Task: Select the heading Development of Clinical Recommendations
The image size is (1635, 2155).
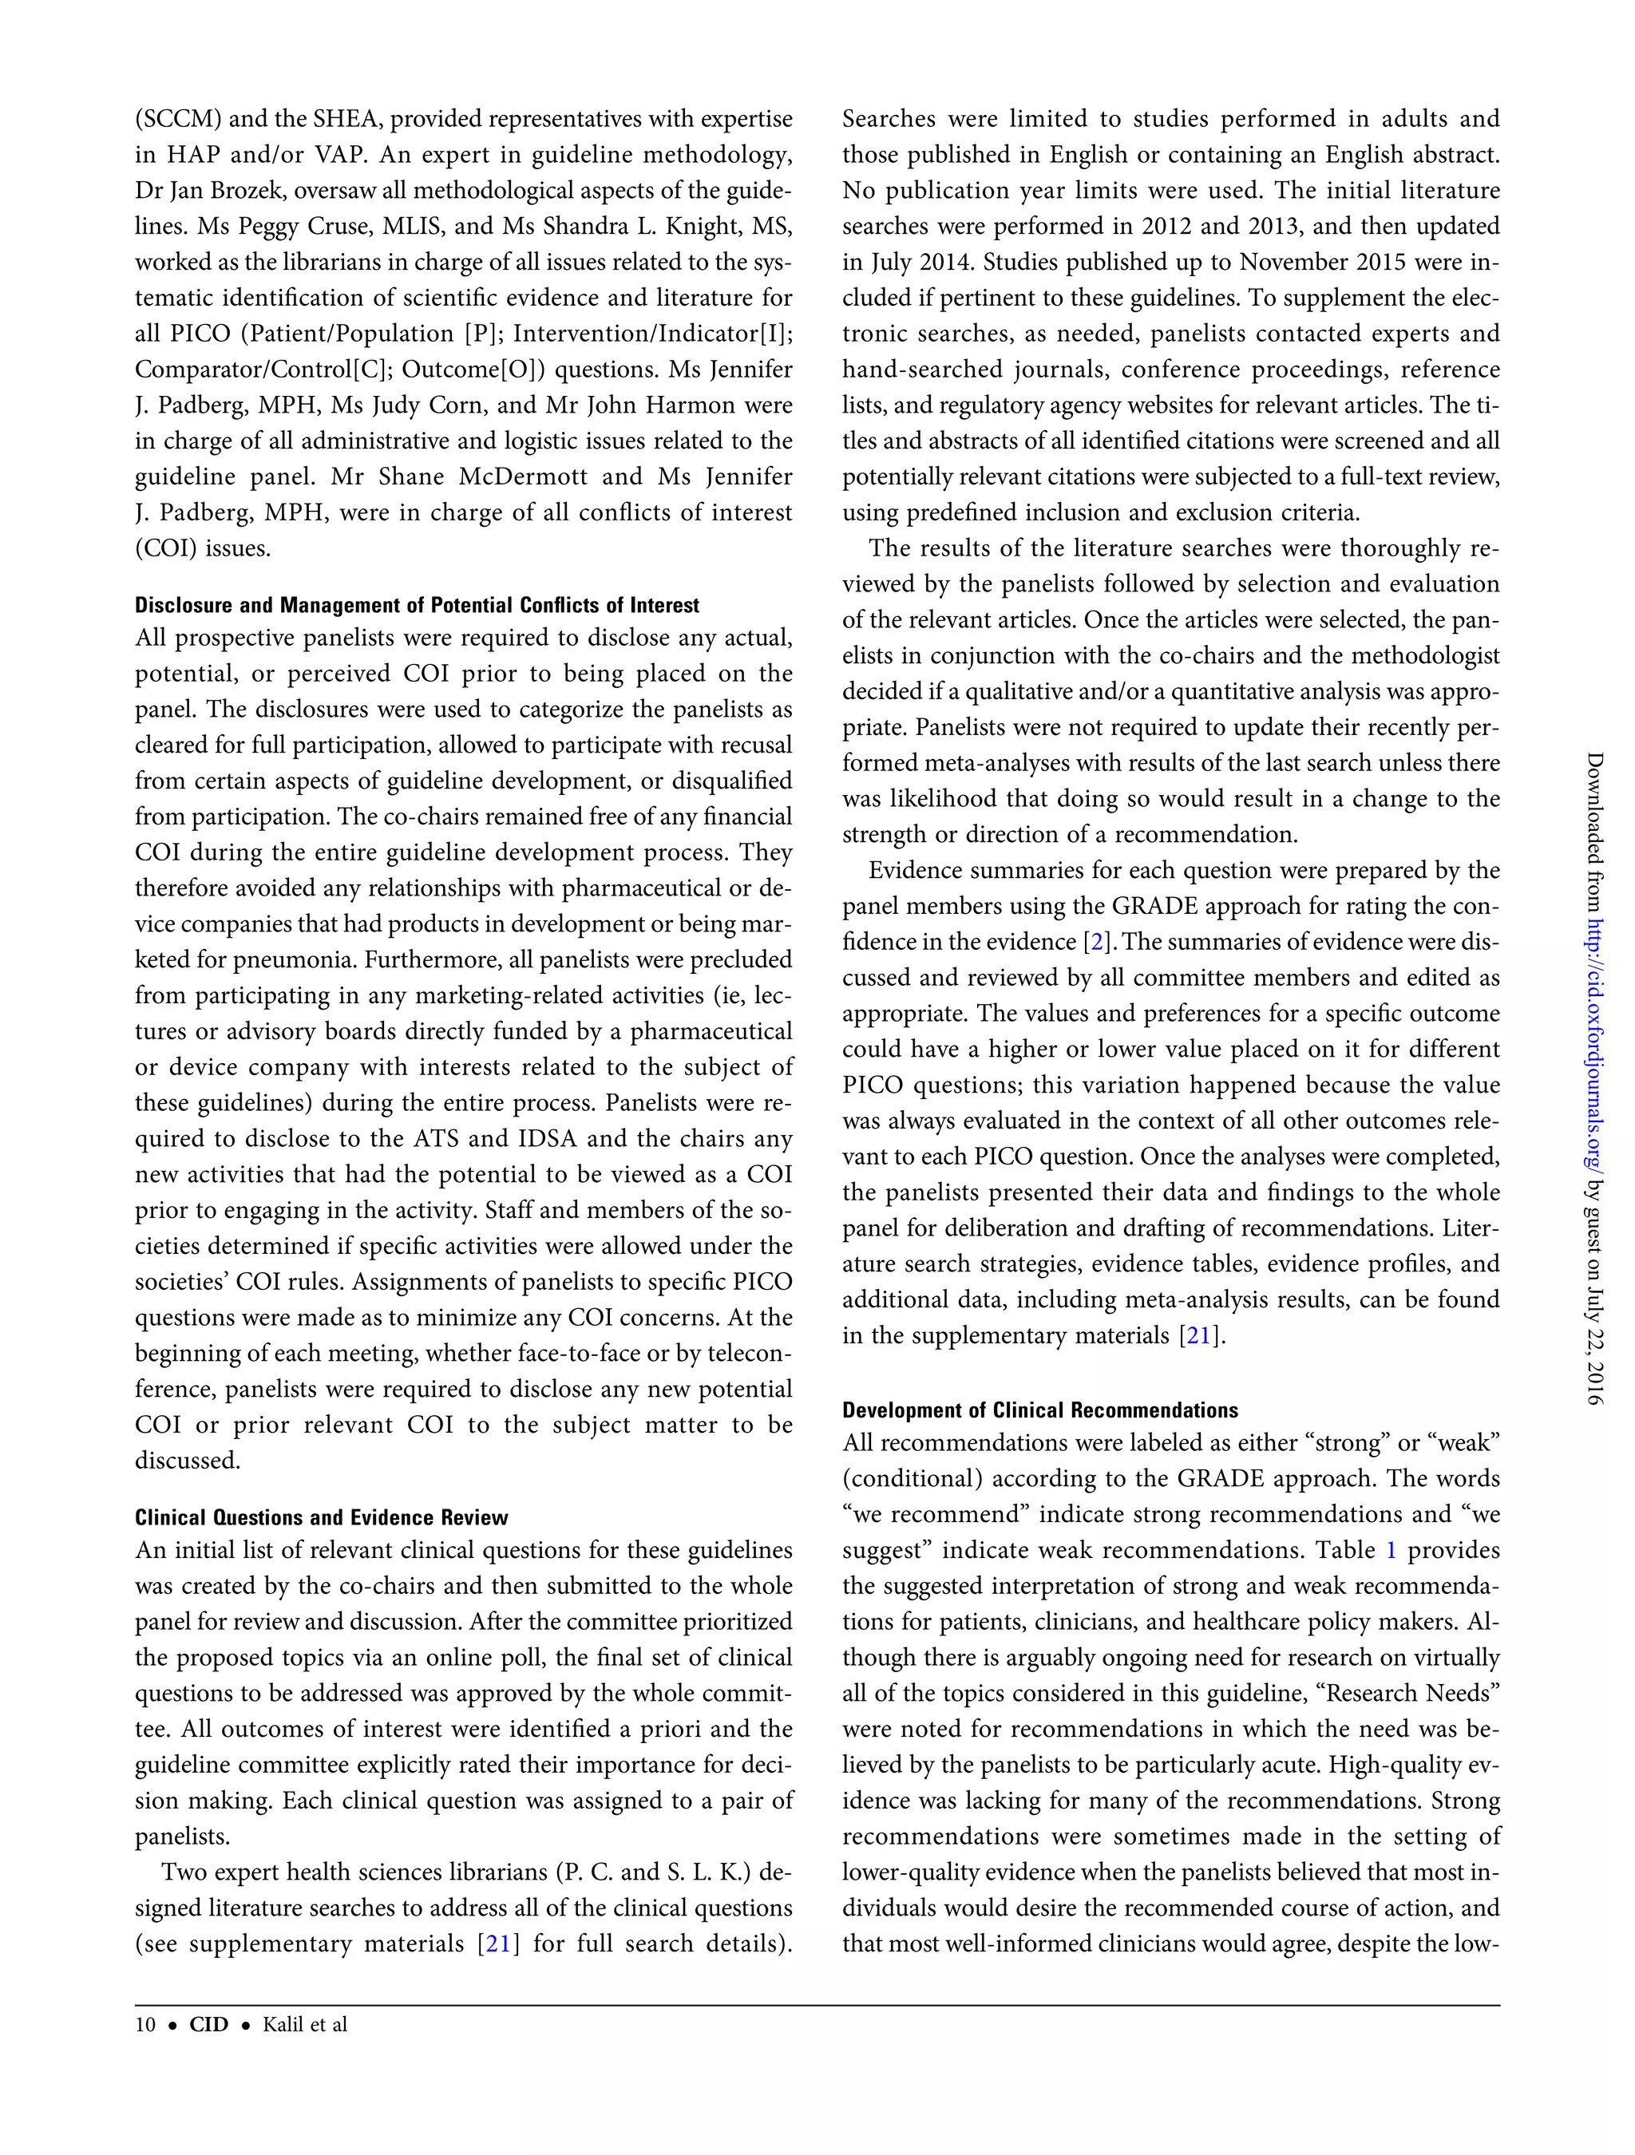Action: (1039, 1410)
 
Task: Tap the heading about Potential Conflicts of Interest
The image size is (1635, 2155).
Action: (417, 605)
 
